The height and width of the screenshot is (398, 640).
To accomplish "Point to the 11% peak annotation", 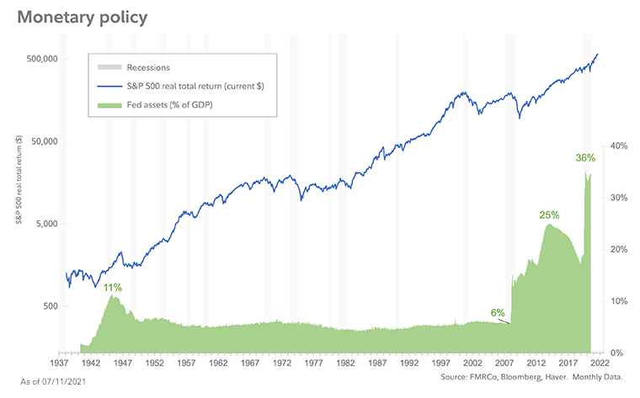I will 113,288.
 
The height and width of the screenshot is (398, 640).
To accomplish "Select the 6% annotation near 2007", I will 498,313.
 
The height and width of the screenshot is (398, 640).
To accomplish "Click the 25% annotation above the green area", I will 549,215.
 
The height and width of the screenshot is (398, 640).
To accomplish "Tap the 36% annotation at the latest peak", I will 585,157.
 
